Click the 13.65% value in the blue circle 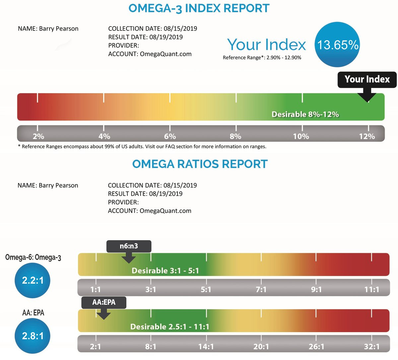click(x=338, y=45)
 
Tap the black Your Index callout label click(x=367, y=80)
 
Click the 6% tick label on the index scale click(x=170, y=136)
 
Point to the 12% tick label click(x=367, y=136)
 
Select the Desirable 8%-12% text click(x=305, y=114)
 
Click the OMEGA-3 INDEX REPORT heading click(x=199, y=8)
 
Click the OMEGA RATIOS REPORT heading click(x=200, y=164)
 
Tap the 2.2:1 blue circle click(x=33, y=280)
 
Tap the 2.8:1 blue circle click(x=33, y=336)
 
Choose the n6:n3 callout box click(x=129, y=247)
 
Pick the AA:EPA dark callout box click(x=104, y=302)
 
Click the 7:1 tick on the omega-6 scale click(x=261, y=290)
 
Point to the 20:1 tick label click(x=261, y=347)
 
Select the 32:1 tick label click(x=371, y=347)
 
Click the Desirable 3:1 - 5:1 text click(x=165, y=271)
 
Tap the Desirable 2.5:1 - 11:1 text click(x=169, y=327)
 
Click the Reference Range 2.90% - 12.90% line click(x=262, y=58)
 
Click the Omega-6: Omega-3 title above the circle click(x=33, y=257)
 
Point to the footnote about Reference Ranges click(x=142, y=146)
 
